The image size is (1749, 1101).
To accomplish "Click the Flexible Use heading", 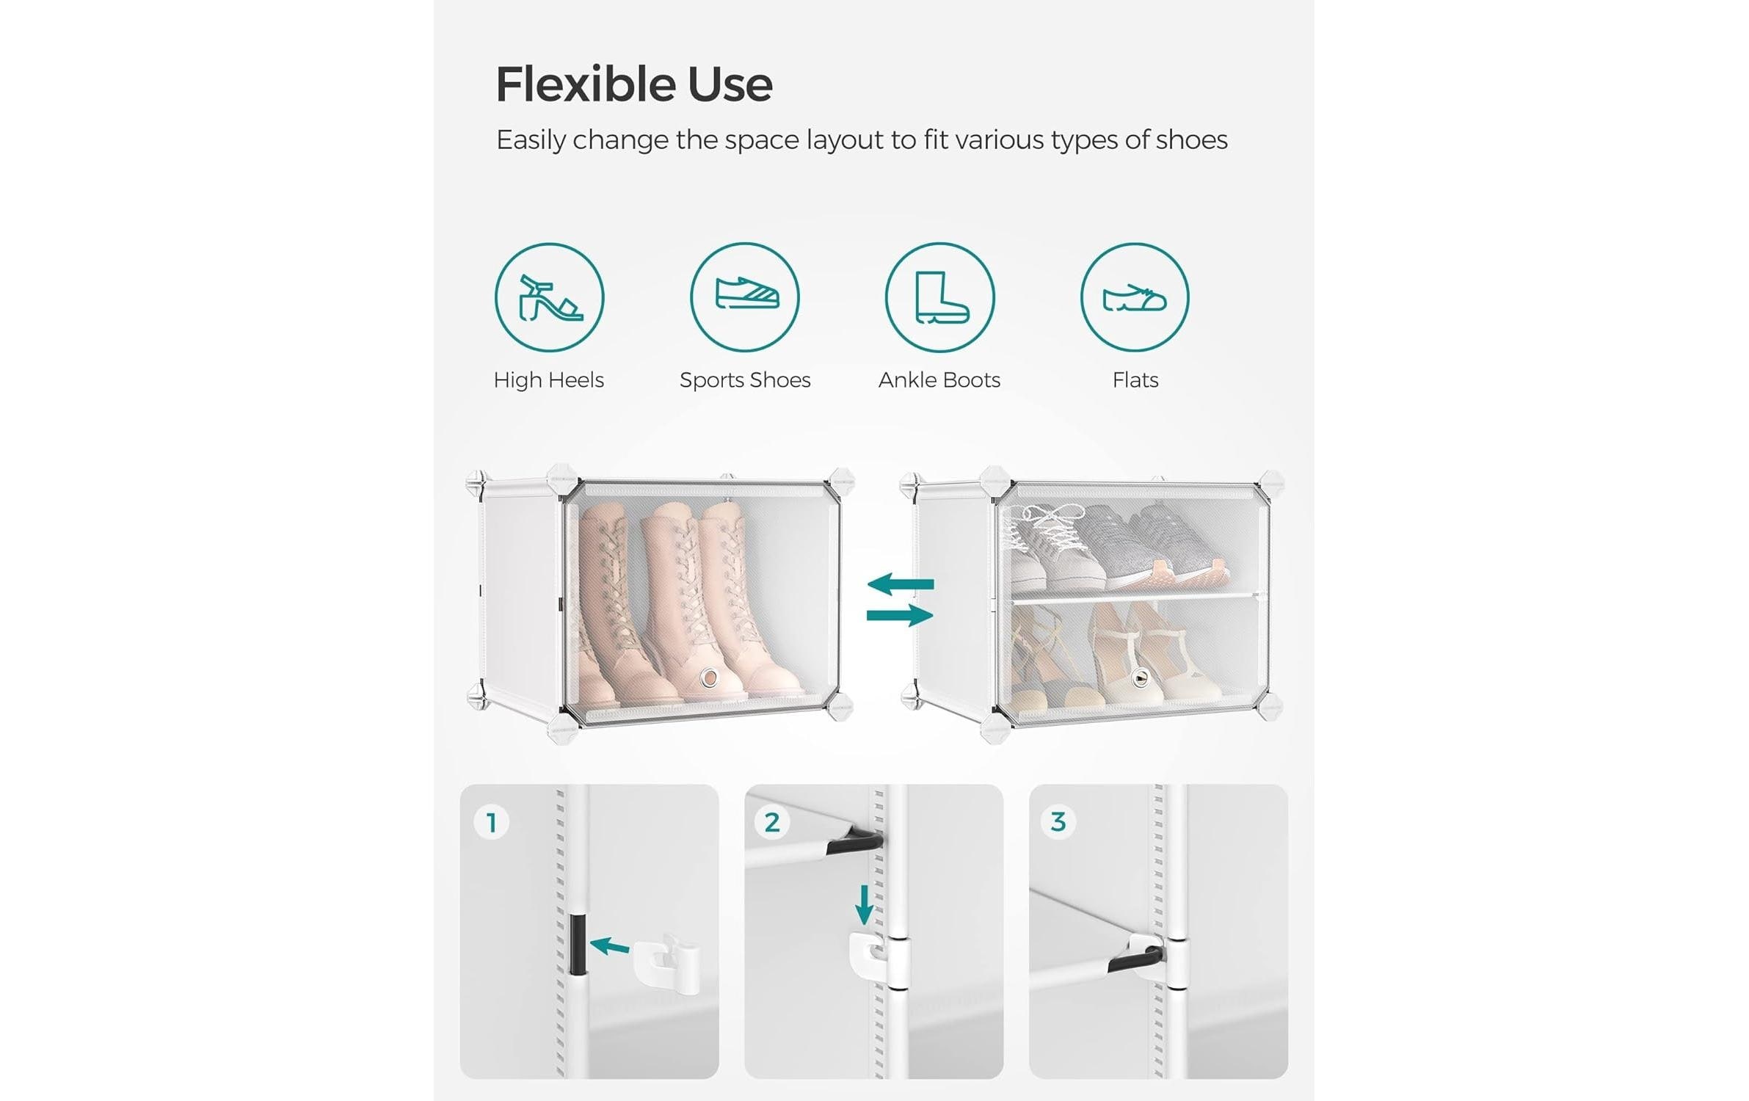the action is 634,84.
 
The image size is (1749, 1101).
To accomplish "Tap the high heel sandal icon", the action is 550,297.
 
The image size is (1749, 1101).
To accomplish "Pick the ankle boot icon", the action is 940,297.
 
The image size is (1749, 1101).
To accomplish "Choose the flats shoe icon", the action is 1135,297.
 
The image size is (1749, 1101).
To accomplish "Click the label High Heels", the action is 549,380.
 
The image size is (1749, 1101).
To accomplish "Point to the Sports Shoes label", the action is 745,380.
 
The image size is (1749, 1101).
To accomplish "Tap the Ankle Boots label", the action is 939,380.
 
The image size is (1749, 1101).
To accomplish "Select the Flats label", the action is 1135,380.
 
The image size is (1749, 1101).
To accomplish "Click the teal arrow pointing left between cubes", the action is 901,584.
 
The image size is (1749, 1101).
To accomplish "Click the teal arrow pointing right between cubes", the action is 901,615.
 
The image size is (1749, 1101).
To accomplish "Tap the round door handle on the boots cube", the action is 709,677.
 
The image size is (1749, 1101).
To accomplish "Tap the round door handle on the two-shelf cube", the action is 1139,677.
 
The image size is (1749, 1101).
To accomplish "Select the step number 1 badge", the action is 492,822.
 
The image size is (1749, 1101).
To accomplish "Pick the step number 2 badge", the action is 772,822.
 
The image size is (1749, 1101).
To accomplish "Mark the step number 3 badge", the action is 1058,822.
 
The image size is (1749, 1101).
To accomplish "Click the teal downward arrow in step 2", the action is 865,905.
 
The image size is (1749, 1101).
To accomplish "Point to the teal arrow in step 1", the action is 610,946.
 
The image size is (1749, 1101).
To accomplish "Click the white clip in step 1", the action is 665,963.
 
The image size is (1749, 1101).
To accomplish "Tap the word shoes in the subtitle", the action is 1191,139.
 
